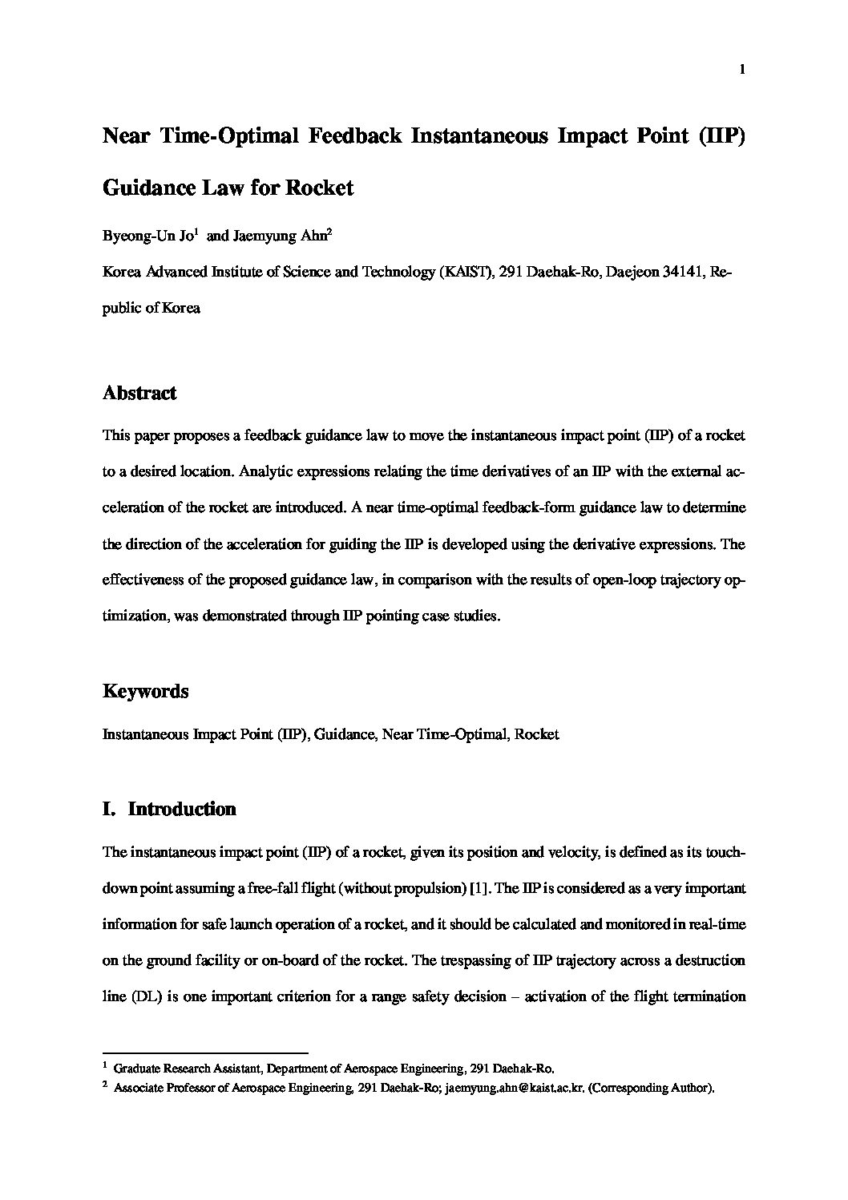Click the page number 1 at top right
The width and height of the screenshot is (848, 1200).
tap(742, 70)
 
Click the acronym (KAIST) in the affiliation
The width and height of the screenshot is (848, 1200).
tap(464, 272)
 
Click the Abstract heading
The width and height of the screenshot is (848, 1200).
tap(139, 394)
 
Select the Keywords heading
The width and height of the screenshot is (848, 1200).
tap(146, 691)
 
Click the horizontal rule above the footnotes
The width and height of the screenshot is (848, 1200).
tap(206, 1053)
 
